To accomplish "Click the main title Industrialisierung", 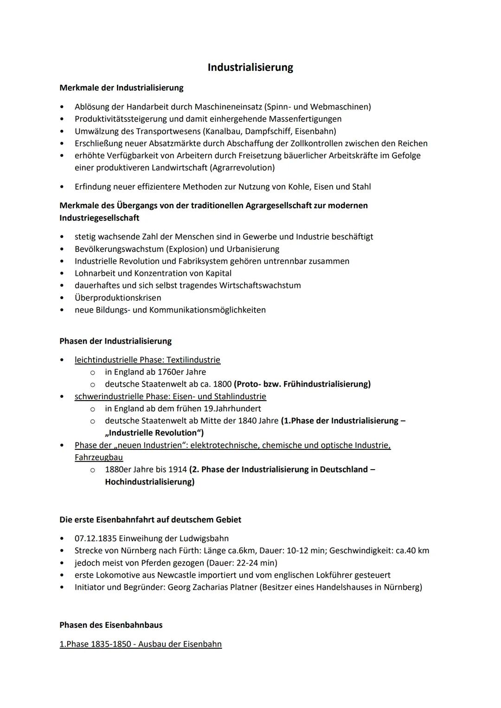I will point(250,67).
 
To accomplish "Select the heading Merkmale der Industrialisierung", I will point(121,88).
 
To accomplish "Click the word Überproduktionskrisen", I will point(118,298).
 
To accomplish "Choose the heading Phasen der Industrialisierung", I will point(115,341).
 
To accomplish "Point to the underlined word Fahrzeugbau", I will point(98,457).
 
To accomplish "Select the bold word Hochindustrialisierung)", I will point(149,482).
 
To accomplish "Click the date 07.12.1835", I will point(95,538).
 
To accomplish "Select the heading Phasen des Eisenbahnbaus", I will point(111,625).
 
